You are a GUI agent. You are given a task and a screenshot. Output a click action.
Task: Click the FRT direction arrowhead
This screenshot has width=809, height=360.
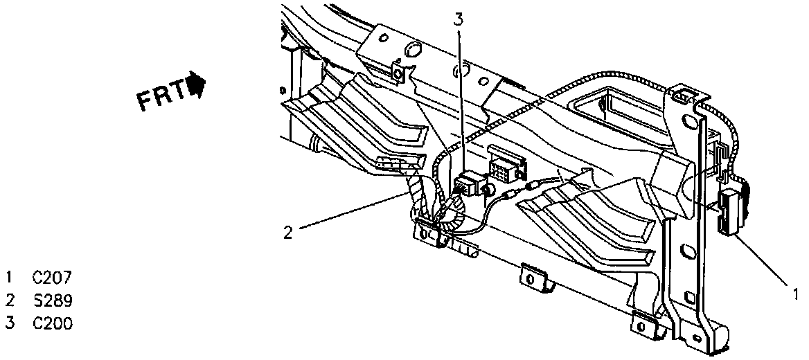[x=199, y=86]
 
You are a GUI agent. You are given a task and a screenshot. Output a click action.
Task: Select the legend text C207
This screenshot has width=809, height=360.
[x=52, y=278]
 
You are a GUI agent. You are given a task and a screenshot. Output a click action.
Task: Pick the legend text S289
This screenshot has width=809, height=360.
[x=52, y=300]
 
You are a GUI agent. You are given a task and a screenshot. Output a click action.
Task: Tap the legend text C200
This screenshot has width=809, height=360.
[x=52, y=323]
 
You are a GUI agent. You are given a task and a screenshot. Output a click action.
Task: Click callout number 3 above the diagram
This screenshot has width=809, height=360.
[x=459, y=19]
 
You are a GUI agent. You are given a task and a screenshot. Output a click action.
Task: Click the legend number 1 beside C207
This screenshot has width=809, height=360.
[x=10, y=278]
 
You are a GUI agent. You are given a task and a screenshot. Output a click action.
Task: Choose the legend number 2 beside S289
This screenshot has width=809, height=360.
[x=10, y=300]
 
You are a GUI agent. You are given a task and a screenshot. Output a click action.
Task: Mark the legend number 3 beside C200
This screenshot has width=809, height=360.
[x=10, y=323]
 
